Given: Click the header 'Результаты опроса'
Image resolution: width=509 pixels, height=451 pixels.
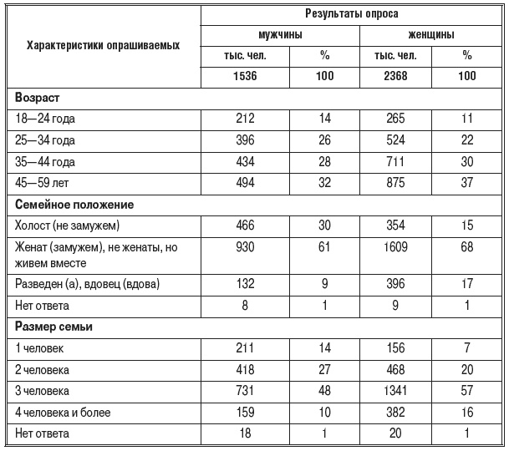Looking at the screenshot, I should point(350,15).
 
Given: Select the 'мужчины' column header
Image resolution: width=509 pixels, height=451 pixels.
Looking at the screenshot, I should point(280,36).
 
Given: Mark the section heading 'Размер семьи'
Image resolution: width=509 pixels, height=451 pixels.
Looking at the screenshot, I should point(53,327).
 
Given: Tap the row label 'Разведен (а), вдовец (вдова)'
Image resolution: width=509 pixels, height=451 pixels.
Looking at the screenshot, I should point(87,284).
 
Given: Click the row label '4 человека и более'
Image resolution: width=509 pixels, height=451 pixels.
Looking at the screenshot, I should point(64,412).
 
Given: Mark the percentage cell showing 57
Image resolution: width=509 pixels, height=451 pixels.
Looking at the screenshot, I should point(467,390).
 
